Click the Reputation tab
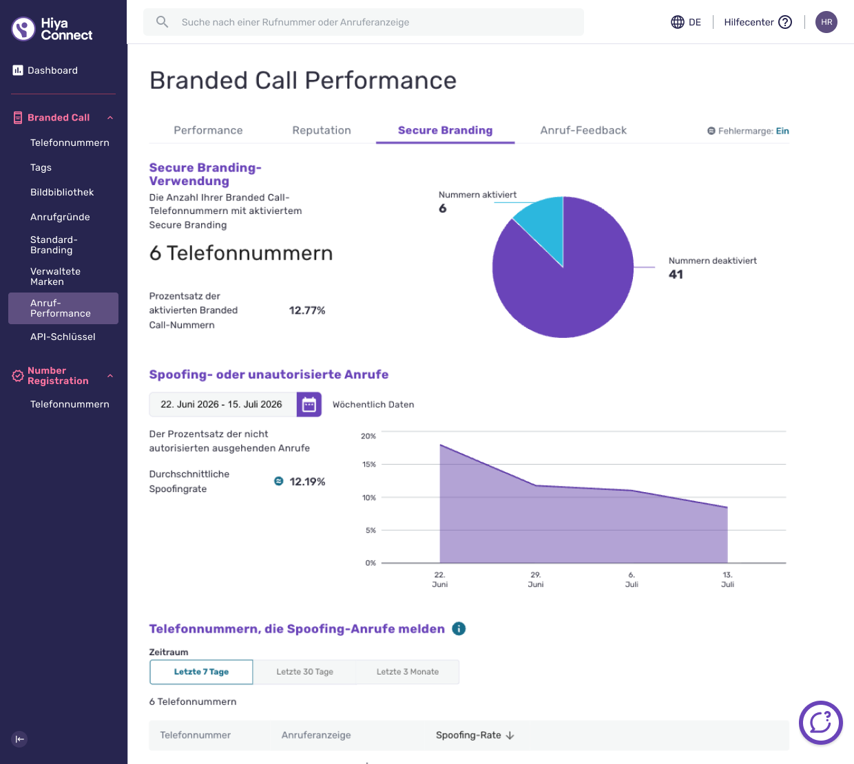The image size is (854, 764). pyautogui.click(x=322, y=130)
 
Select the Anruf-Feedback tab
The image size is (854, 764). pyautogui.click(x=583, y=130)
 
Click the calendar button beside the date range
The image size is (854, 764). pyautogui.click(x=309, y=405)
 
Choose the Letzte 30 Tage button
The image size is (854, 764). pyautogui.click(x=305, y=672)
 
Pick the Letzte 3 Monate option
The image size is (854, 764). pyautogui.click(x=408, y=672)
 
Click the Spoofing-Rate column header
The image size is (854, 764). pyautogui.click(x=475, y=735)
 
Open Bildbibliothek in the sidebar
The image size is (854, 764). pyautogui.click(x=62, y=192)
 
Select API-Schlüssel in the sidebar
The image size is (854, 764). pyautogui.click(x=63, y=337)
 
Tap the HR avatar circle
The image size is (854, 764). pyautogui.click(x=826, y=22)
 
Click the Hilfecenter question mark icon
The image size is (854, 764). pyautogui.click(x=785, y=22)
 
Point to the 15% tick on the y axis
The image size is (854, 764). pyautogui.click(x=369, y=465)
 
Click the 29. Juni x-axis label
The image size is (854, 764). pyautogui.click(x=536, y=580)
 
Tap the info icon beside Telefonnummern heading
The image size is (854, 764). pyautogui.click(x=459, y=628)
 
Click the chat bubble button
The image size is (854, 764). pyautogui.click(x=821, y=723)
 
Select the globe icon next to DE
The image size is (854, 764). pyautogui.click(x=678, y=22)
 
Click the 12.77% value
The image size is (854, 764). pyautogui.click(x=307, y=310)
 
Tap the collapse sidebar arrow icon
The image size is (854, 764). pyautogui.click(x=19, y=739)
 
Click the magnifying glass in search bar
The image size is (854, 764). pyautogui.click(x=163, y=22)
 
